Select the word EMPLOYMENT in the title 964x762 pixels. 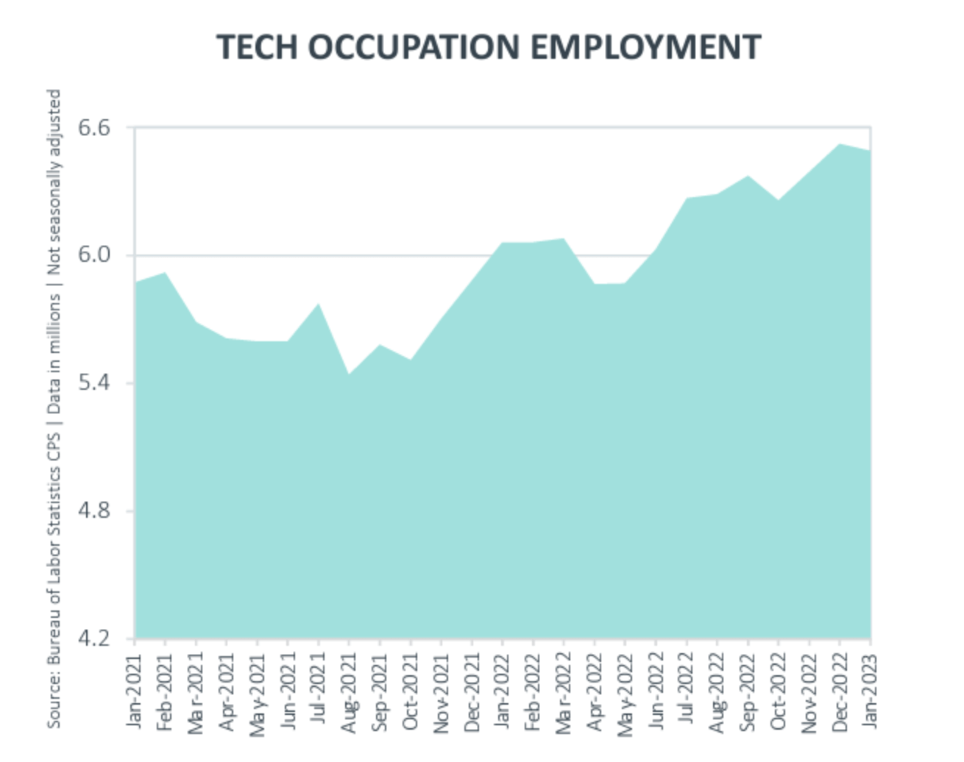(x=645, y=47)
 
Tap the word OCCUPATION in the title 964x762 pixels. (x=414, y=47)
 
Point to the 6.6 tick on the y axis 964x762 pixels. (x=93, y=128)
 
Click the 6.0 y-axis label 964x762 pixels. (x=93, y=255)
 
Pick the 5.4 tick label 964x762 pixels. (x=93, y=382)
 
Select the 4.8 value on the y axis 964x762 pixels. (x=93, y=510)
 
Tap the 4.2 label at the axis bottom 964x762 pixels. (x=93, y=638)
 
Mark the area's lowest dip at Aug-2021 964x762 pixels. (x=349, y=374)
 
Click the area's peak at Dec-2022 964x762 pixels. (x=840, y=144)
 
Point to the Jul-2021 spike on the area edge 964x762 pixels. (x=318, y=304)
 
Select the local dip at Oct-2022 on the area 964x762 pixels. (x=779, y=200)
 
